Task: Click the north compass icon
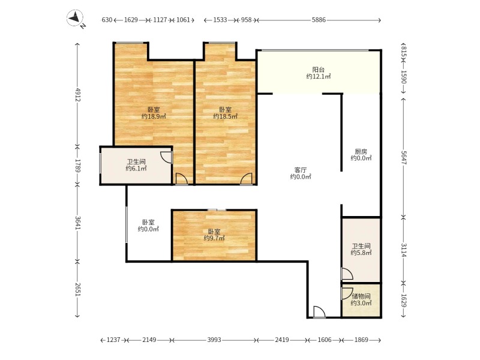click(76, 19)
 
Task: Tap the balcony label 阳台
click(319, 69)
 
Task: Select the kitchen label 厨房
click(361, 151)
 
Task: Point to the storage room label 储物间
click(361, 296)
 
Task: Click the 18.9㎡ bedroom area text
click(154, 117)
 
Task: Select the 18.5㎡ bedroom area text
click(225, 117)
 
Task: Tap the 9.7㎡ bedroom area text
click(214, 238)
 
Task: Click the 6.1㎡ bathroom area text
click(137, 169)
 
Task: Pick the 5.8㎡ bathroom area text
click(361, 253)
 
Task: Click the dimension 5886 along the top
click(319, 20)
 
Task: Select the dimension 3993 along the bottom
click(214, 340)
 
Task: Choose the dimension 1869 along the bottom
click(361, 340)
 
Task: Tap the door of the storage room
click(346, 293)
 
